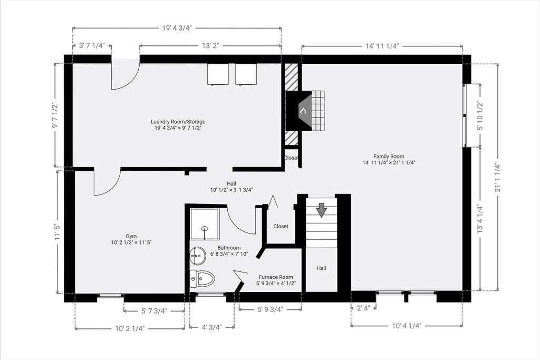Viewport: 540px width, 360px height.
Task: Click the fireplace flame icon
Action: tap(303, 111)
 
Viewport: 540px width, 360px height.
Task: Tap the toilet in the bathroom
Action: tap(202, 278)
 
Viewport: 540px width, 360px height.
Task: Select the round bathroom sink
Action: tap(198, 256)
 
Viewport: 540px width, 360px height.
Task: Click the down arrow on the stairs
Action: tap(321, 210)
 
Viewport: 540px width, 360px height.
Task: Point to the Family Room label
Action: tap(389, 156)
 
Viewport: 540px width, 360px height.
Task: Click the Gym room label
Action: tap(131, 237)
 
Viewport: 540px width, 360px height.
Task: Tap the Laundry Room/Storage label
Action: tap(178, 121)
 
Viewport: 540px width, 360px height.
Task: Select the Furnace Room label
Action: tap(276, 277)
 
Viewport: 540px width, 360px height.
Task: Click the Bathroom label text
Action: tap(229, 248)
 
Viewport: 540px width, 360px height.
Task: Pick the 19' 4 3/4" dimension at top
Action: tap(177, 28)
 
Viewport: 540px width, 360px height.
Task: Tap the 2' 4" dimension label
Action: tap(363, 308)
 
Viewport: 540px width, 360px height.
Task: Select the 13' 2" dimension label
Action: tap(210, 46)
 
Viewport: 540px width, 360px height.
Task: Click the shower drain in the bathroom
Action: tap(205, 228)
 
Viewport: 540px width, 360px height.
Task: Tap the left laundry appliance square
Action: tap(218, 74)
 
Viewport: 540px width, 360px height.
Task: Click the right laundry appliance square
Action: tap(246, 74)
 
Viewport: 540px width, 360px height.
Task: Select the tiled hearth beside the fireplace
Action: tap(318, 111)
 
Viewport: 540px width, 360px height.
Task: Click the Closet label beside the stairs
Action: tap(281, 226)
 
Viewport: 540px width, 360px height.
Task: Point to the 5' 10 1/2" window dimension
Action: tap(480, 115)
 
